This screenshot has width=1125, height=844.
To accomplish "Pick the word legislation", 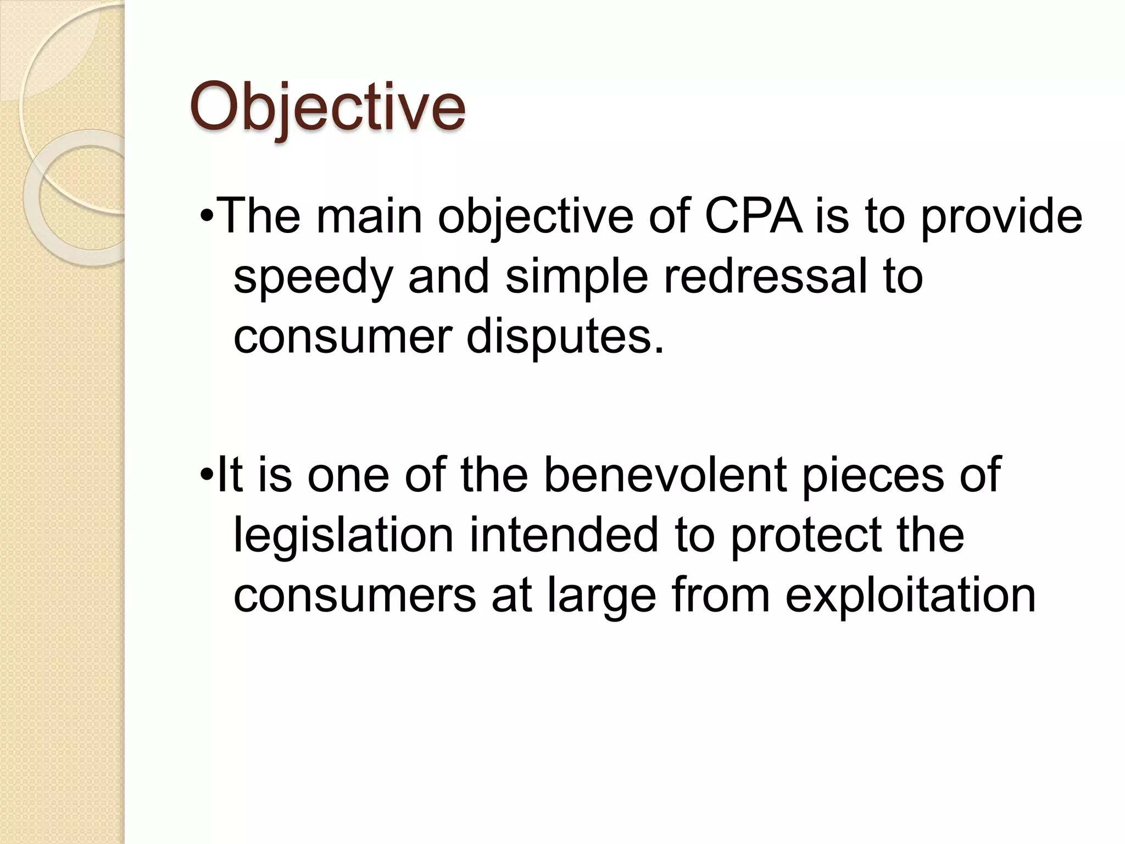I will pyautogui.click(x=343, y=535).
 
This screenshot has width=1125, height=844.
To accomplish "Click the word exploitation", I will pyautogui.click(x=910, y=597).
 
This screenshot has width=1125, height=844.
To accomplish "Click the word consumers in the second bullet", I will pyautogui.click(x=354, y=597).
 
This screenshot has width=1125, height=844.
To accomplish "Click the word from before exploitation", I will pyautogui.click(x=721, y=596).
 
